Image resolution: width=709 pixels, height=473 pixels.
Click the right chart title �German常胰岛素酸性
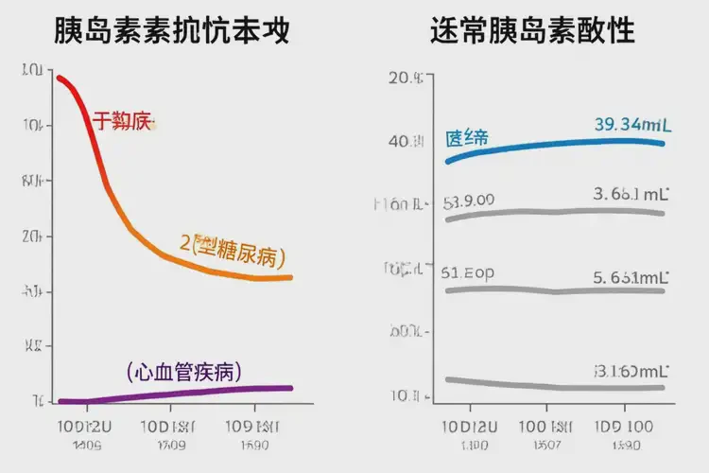click(532, 32)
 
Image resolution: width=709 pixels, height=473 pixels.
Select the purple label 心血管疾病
click(183, 370)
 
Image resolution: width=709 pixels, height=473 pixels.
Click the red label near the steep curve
click(122, 121)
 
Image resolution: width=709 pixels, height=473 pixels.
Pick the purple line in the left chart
click(189, 393)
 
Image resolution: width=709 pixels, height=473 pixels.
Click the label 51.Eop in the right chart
click(467, 272)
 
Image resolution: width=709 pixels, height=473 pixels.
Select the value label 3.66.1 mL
click(631, 195)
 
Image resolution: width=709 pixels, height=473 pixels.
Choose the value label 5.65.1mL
click(631, 277)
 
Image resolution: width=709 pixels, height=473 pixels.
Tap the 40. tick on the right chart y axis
click(406, 141)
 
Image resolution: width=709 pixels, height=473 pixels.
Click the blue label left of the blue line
click(467, 138)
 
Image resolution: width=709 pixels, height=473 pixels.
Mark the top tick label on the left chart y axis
click(30, 70)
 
